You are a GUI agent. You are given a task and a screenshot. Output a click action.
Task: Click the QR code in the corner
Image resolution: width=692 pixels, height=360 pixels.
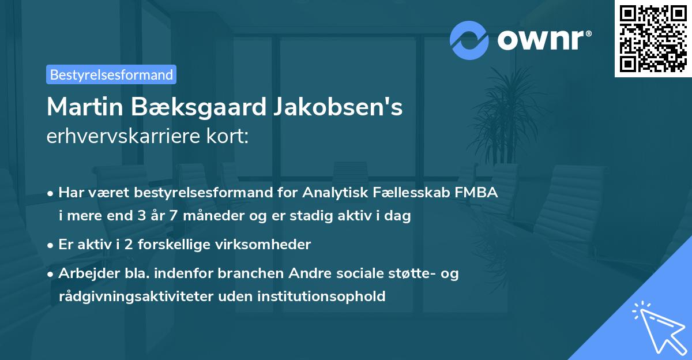653,39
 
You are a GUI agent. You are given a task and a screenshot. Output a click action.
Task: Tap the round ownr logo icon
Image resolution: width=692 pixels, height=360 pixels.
469,40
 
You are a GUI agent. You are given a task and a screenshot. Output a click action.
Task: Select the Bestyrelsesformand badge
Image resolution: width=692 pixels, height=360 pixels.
111,74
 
